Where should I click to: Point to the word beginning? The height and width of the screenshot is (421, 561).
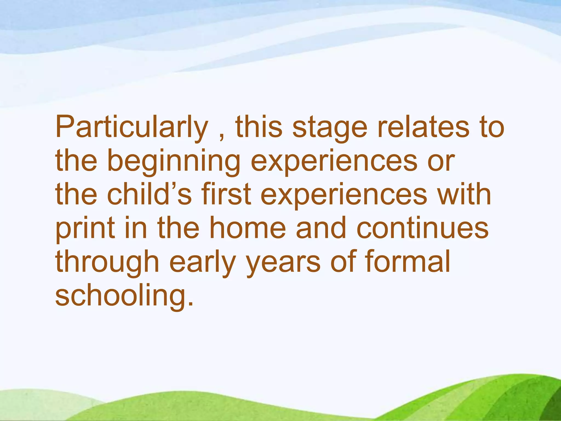174,162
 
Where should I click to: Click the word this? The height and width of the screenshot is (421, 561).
259,127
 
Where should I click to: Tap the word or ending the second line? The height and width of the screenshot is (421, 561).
441,162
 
